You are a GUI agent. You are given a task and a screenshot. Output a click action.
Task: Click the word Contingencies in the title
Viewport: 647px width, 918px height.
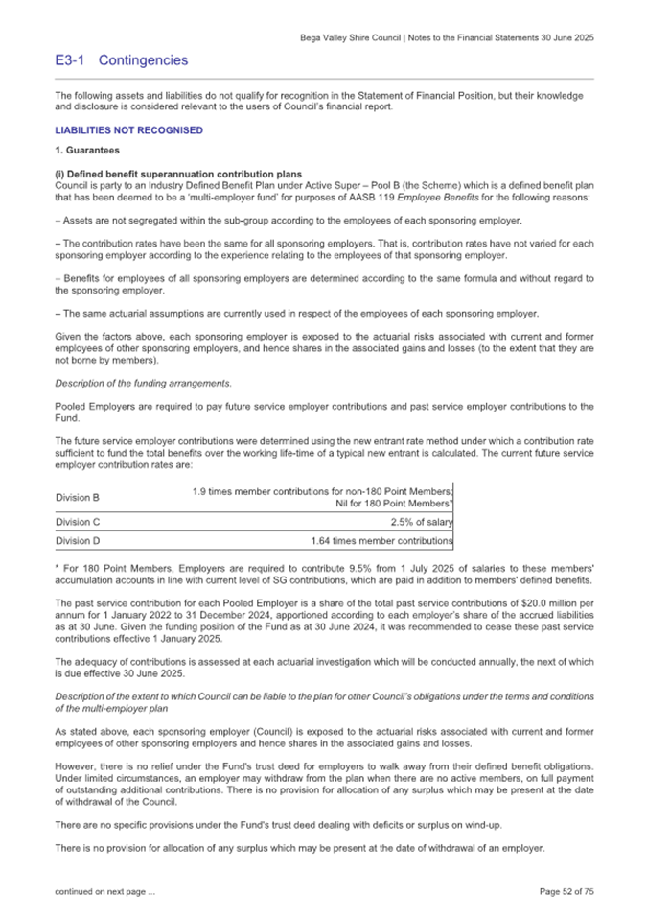(x=143, y=60)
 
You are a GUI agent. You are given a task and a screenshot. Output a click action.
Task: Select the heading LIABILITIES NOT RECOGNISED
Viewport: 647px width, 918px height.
(x=128, y=130)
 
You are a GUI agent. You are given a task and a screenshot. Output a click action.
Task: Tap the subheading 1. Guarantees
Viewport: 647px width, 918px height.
(x=87, y=152)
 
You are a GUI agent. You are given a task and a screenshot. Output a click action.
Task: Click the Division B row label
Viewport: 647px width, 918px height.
(x=78, y=497)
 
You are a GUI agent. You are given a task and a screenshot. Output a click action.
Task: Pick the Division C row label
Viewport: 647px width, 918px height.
(x=78, y=522)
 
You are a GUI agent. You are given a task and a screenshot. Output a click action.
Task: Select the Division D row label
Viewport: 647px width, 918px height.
(x=78, y=541)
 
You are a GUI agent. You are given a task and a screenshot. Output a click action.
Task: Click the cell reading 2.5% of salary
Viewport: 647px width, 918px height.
(x=421, y=522)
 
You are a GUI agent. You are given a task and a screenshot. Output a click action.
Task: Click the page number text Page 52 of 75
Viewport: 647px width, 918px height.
(x=566, y=892)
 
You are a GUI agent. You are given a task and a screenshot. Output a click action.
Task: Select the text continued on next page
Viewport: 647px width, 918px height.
(x=104, y=892)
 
